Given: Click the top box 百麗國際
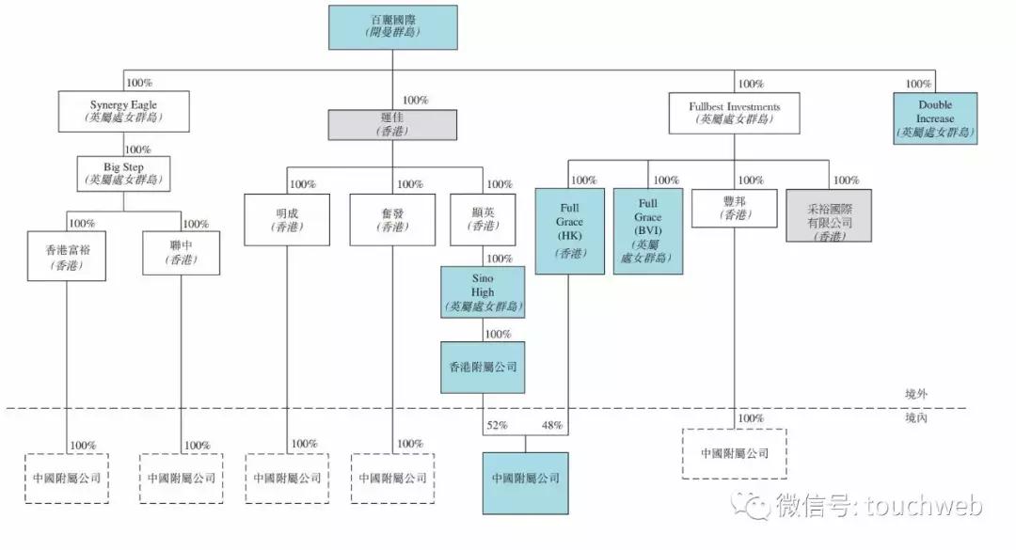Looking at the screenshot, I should click(x=393, y=26).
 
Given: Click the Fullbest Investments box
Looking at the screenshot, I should click(x=735, y=113).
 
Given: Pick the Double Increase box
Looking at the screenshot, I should click(x=935, y=118).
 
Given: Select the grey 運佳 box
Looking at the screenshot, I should click(x=392, y=126).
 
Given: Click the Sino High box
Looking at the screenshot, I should click(x=483, y=291).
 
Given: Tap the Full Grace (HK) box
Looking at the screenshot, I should click(x=569, y=230).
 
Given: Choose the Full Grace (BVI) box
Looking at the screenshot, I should click(x=647, y=230).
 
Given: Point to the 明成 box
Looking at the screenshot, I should click(x=288, y=219).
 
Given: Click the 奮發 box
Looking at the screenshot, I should click(x=392, y=219).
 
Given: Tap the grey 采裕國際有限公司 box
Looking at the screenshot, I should click(x=829, y=216).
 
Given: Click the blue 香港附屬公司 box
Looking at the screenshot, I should click(x=483, y=367).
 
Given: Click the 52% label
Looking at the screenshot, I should click(x=497, y=426).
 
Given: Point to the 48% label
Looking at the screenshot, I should click(x=551, y=426).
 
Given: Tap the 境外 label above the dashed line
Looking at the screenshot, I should click(x=913, y=394).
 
